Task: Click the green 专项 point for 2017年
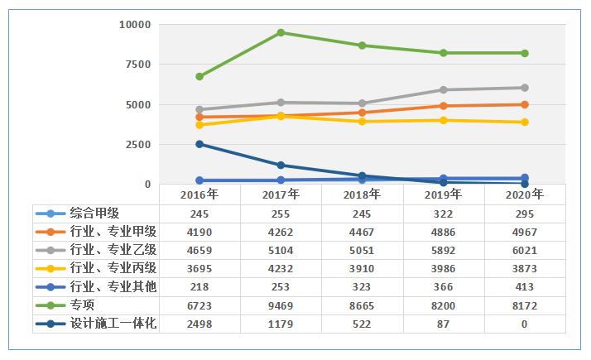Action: (281, 33)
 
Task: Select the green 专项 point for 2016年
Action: (199, 76)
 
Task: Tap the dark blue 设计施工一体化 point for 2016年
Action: (199, 144)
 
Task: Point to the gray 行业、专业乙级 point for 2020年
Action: (525, 88)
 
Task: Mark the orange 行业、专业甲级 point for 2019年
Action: (444, 106)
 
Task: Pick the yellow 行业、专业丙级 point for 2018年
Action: (363, 122)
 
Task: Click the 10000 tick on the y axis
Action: (133, 25)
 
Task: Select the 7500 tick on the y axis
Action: (137, 65)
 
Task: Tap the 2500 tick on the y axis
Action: (137, 145)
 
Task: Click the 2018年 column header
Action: (363, 194)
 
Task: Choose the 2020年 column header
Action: (525, 194)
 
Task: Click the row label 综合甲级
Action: (94, 213)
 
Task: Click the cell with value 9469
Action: (281, 304)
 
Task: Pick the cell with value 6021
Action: (525, 249)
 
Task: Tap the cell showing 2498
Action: (199, 322)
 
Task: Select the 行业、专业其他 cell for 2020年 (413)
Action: (525, 286)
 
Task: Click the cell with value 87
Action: (444, 322)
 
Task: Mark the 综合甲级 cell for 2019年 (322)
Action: (444, 213)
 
